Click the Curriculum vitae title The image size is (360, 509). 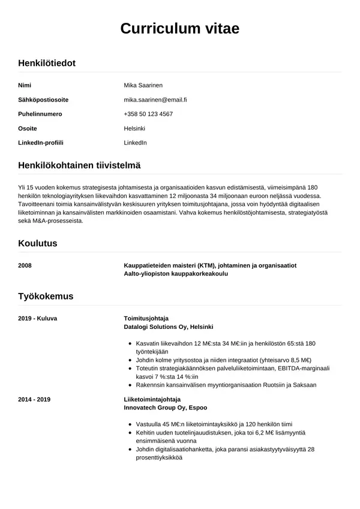pyautogui.click(x=179, y=28)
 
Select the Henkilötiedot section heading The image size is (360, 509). pyautogui.click(x=47, y=62)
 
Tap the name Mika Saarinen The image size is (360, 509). pyautogui.click(x=143, y=85)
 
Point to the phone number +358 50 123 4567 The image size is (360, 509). pyautogui.click(x=148, y=114)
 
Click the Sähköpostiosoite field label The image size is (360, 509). pyautogui.click(x=43, y=100)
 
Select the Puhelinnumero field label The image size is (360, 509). pyautogui.click(x=40, y=114)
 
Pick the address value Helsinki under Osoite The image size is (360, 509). pyautogui.click(x=134, y=128)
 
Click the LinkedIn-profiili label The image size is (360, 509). pyautogui.click(x=41, y=143)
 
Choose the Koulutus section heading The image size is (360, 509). pyautogui.click(x=38, y=243)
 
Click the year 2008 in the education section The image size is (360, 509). pyautogui.click(x=25, y=265)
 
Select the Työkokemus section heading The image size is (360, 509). pyautogui.click(x=46, y=296)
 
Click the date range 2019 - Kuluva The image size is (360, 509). pyautogui.click(x=37, y=318)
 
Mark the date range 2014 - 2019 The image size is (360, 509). pyautogui.click(x=34, y=399)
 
